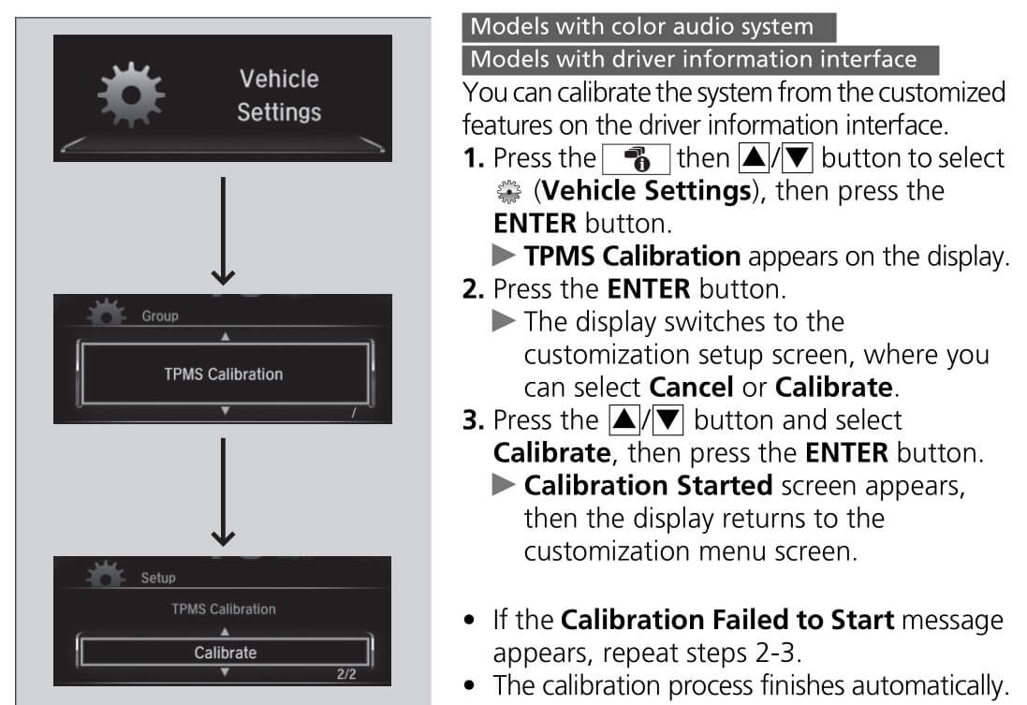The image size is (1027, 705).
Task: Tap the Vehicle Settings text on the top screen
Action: (x=278, y=95)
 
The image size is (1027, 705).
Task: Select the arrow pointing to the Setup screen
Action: (x=223, y=492)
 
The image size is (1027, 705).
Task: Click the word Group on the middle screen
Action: (x=160, y=316)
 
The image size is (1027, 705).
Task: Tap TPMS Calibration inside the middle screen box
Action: (x=223, y=375)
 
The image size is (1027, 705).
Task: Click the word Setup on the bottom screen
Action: (x=158, y=578)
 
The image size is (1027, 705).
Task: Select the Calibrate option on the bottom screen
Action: (x=225, y=652)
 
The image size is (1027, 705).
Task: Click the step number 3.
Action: (x=472, y=420)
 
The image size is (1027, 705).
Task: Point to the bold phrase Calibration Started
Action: (x=648, y=486)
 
